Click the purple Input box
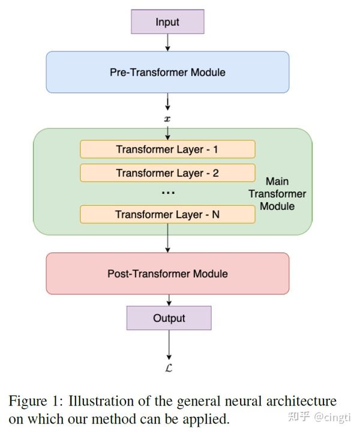tap(167, 22)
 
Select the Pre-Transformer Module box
tap(167, 72)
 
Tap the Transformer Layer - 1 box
tap(167, 149)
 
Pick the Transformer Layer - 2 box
tap(167, 173)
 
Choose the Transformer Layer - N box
tap(167, 214)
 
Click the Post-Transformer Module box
tap(167, 273)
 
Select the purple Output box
tap(169, 318)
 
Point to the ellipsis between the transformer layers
tap(168, 193)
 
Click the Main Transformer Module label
tap(277, 194)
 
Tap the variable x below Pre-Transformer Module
tap(168, 119)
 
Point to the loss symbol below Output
tap(169, 368)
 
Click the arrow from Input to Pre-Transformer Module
tap(167, 42)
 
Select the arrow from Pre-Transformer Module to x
tap(167, 101)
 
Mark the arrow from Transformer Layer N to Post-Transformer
tap(167, 238)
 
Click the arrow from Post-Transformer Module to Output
tap(169, 300)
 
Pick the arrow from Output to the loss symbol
tap(169, 344)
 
